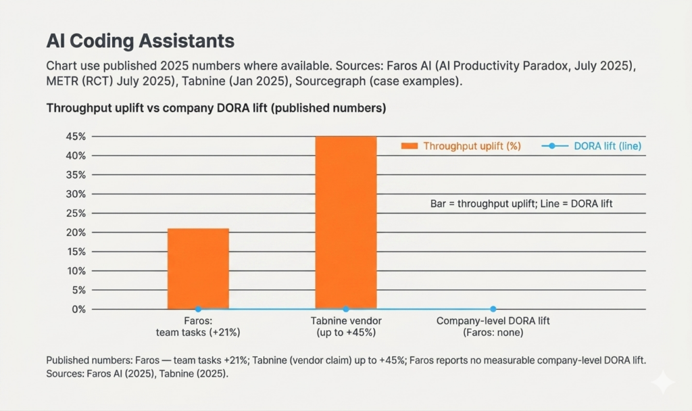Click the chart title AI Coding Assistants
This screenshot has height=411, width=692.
140,41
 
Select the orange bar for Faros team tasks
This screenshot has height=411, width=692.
198,268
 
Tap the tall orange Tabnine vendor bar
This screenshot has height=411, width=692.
346,222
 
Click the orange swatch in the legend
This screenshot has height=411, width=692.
410,146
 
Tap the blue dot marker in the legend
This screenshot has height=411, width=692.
552,146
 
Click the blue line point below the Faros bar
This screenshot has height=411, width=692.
198,309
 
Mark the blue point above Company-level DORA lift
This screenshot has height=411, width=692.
493,309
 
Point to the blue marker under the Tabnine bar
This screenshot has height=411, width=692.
346,309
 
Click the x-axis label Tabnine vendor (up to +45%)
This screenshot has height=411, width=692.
346,327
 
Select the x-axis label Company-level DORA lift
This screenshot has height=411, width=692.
493,321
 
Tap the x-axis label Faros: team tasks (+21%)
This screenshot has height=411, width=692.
198,327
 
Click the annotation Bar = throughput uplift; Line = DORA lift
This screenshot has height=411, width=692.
521,203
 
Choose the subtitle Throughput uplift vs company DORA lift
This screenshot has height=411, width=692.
216,108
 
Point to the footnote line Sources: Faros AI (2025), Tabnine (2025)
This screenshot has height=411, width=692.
137,373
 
